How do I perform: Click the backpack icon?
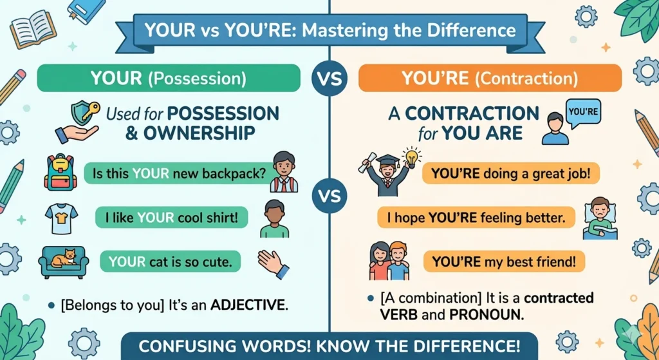[x=60, y=171]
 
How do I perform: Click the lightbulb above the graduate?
[x=410, y=156]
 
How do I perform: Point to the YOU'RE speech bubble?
[x=584, y=111]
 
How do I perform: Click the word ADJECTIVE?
[x=246, y=304]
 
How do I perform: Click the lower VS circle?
[x=329, y=194]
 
